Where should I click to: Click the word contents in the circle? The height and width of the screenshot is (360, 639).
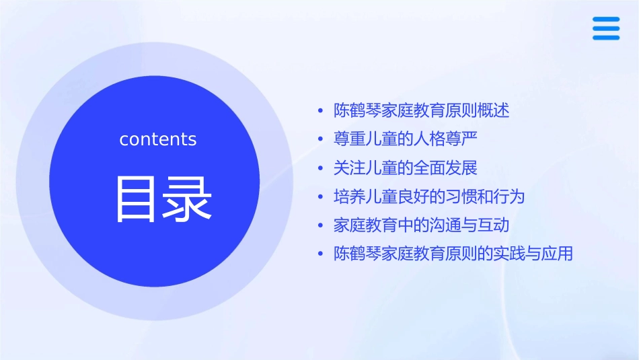click(x=158, y=139)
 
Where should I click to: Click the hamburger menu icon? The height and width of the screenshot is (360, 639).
click(x=606, y=28)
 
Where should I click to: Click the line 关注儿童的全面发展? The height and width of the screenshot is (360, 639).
click(x=405, y=168)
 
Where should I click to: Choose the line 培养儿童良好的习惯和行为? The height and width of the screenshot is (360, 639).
click(x=428, y=196)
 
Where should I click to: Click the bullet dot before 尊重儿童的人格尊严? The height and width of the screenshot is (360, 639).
click(x=321, y=139)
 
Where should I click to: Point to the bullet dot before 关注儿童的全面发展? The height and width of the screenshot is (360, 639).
click(x=321, y=168)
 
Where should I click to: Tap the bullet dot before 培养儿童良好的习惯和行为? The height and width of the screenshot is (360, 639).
click(x=321, y=197)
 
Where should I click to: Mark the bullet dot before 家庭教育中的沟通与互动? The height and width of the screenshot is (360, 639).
click(x=321, y=225)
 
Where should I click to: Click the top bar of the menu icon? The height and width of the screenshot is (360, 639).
click(x=606, y=20)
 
